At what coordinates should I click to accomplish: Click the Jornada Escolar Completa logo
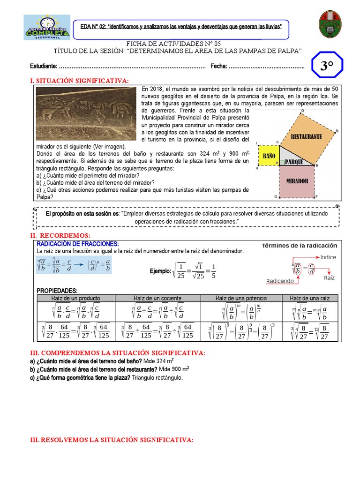(47, 27)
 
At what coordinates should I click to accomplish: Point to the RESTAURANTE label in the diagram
(307, 136)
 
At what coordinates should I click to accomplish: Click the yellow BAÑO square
(268, 155)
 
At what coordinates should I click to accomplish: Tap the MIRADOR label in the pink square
(297, 181)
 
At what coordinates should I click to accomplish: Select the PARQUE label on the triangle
(294, 162)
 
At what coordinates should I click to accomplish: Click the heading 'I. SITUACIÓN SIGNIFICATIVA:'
(79, 81)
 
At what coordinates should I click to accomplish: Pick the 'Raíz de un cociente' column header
(157, 298)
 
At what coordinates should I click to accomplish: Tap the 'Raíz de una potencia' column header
(241, 298)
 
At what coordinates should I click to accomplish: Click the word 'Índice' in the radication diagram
(328, 257)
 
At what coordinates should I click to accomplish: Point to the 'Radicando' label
(280, 281)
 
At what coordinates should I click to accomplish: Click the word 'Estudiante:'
(44, 67)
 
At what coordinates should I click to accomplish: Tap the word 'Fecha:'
(218, 67)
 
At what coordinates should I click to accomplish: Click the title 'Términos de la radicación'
(299, 246)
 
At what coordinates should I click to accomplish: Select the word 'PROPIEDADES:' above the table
(57, 291)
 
